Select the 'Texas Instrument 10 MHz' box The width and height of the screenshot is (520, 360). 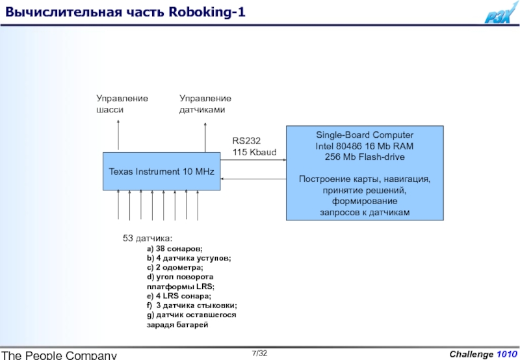pyautogui.click(x=162, y=172)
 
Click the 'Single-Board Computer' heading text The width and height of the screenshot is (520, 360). pyautogui.click(x=365, y=135)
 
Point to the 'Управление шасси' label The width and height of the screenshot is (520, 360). pyautogui.click(x=122, y=104)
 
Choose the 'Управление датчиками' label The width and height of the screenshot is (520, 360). pyautogui.click(x=205, y=104)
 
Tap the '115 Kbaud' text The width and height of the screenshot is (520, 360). pyautogui.click(x=254, y=151)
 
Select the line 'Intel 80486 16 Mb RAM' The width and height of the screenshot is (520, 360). pyautogui.click(x=365, y=146)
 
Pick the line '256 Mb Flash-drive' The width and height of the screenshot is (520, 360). pyautogui.click(x=365, y=157)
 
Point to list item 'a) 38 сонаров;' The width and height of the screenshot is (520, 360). pyautogui.click(x=174, y=249)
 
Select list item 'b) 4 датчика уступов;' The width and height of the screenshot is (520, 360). pyautogui.click(x=188, y=259)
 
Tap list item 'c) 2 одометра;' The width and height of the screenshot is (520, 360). pyautogui.click(x=175, y=268)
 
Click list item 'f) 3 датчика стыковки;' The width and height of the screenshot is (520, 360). pyautogui.click(x=192, y=305)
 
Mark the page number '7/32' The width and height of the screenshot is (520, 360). pyautogui.click(x=260, y=353)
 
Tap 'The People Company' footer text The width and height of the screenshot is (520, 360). pyautogui.click(x=59, y=355)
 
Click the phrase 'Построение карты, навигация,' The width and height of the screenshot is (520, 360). pyautogui.click(x=365, y=179)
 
